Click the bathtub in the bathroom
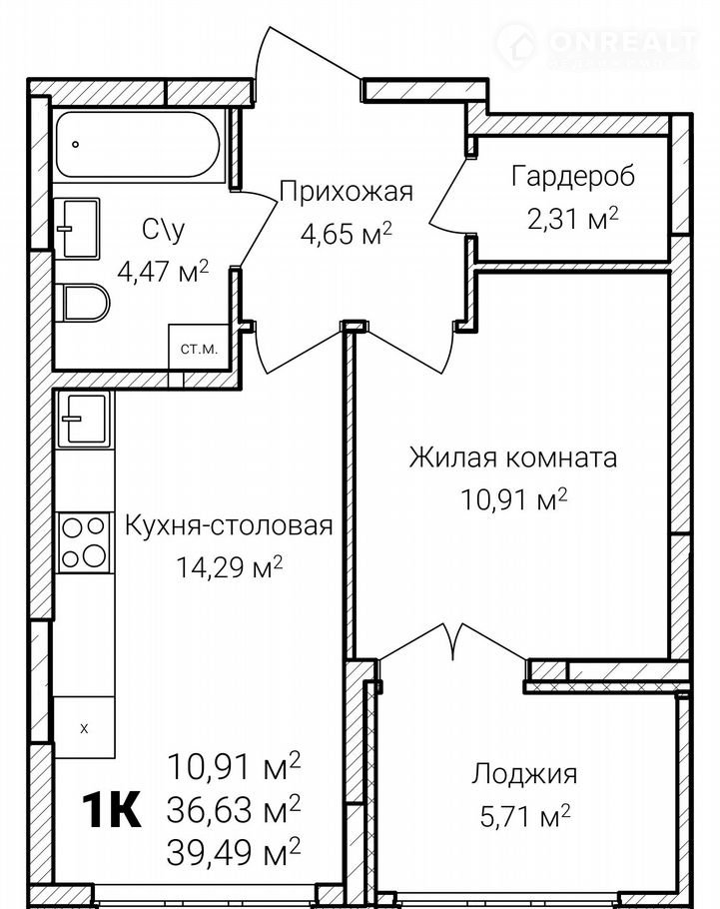[139, 145]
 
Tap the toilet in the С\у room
[85, 302]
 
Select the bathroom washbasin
[78, 228]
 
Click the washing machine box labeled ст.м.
[199, 347]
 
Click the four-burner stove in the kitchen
[84, 542]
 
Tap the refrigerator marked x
[84, 727]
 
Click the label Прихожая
[347, 192]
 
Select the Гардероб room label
[573, 177]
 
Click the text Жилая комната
[513, 457]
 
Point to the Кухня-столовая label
[229, 525]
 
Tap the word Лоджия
[524, 774]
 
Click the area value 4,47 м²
[163, 270]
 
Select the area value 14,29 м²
[229, 567]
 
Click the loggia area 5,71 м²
[525, 816]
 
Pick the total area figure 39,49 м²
[234, 850]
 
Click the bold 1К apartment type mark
[112, 810]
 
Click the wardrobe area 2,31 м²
[573, 219]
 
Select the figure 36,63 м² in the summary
[234, 809]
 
